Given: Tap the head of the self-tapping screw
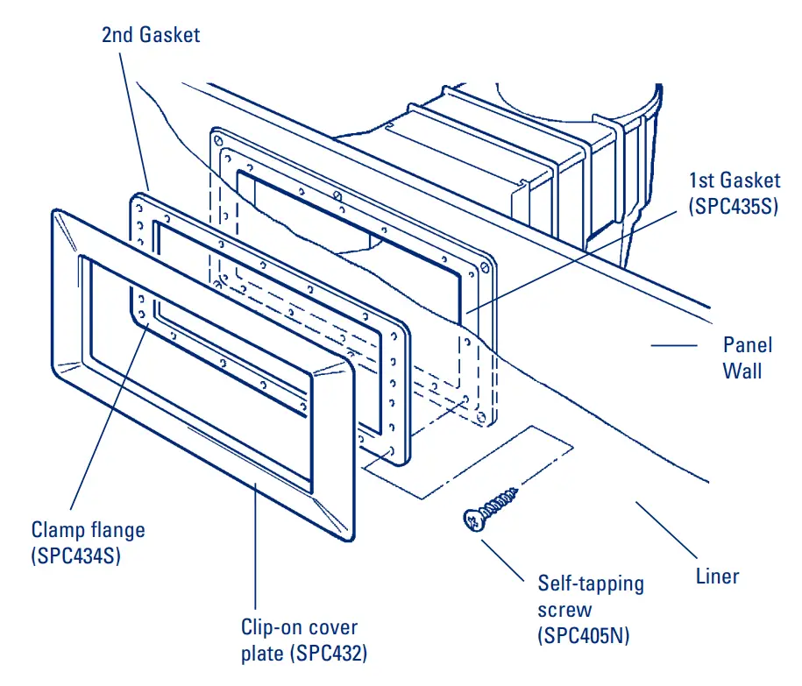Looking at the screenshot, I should coord(472,522).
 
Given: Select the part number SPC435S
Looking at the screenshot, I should coord(734,208).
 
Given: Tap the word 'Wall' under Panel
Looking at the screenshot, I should coord(742,371).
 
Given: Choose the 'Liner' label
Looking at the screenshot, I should coord(717,576).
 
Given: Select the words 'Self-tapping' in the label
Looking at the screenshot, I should coord(591,583).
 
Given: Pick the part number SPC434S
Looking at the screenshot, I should coord(75,555).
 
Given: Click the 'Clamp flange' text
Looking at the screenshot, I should coord(88,529).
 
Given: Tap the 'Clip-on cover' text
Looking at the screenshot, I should coord(299,627).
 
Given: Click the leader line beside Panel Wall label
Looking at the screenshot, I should coord(674,345).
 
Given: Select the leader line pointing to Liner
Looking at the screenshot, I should coord(666,529).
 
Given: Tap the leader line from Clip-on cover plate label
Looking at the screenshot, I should coord(255,543).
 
